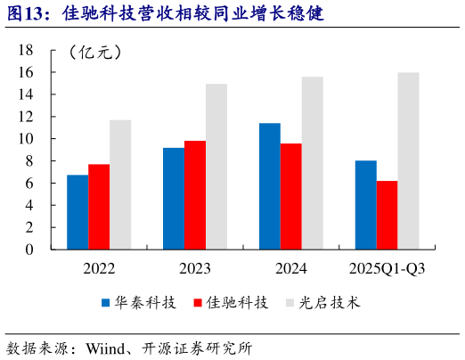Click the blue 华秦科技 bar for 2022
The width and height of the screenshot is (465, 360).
[77, 212]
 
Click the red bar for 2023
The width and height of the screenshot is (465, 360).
[195, 195]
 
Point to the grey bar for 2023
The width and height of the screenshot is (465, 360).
[216, 167]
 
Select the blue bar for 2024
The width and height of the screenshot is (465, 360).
[270, 186]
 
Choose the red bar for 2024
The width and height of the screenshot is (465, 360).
[290, 196]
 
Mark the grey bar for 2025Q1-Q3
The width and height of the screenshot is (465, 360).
[408, 160]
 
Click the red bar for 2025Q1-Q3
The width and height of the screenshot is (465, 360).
[387, 215]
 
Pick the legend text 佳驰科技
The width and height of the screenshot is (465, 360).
[236, 303]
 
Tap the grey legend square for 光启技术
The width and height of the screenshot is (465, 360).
[290, 303]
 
